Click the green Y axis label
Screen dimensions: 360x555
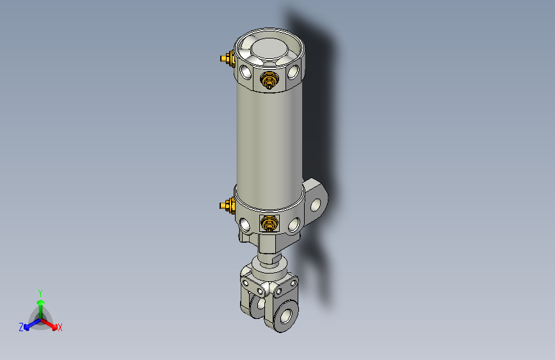pos(40,291)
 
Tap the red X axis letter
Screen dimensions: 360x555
pos(60,328)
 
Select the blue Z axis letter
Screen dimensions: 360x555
pos(21,327)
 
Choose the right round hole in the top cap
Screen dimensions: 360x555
pos(293,72)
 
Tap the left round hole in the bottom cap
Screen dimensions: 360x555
pos(246,224)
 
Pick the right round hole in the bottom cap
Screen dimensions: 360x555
pos(294,224)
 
